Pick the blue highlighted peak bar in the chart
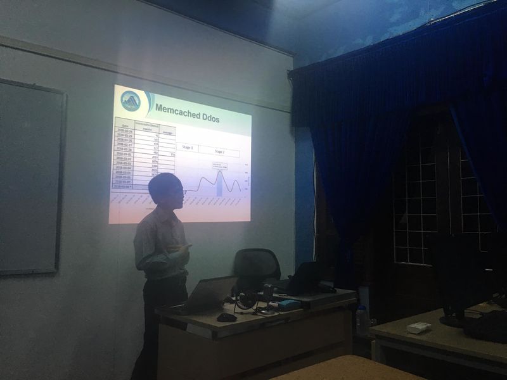[x=219, y=183]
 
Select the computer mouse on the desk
[x=226, y=317]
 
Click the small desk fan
[x=246, y=300]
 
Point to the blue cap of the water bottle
[x=362, y=309]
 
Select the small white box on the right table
[x=418, y=327]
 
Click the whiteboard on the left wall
[x=30, y=177]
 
